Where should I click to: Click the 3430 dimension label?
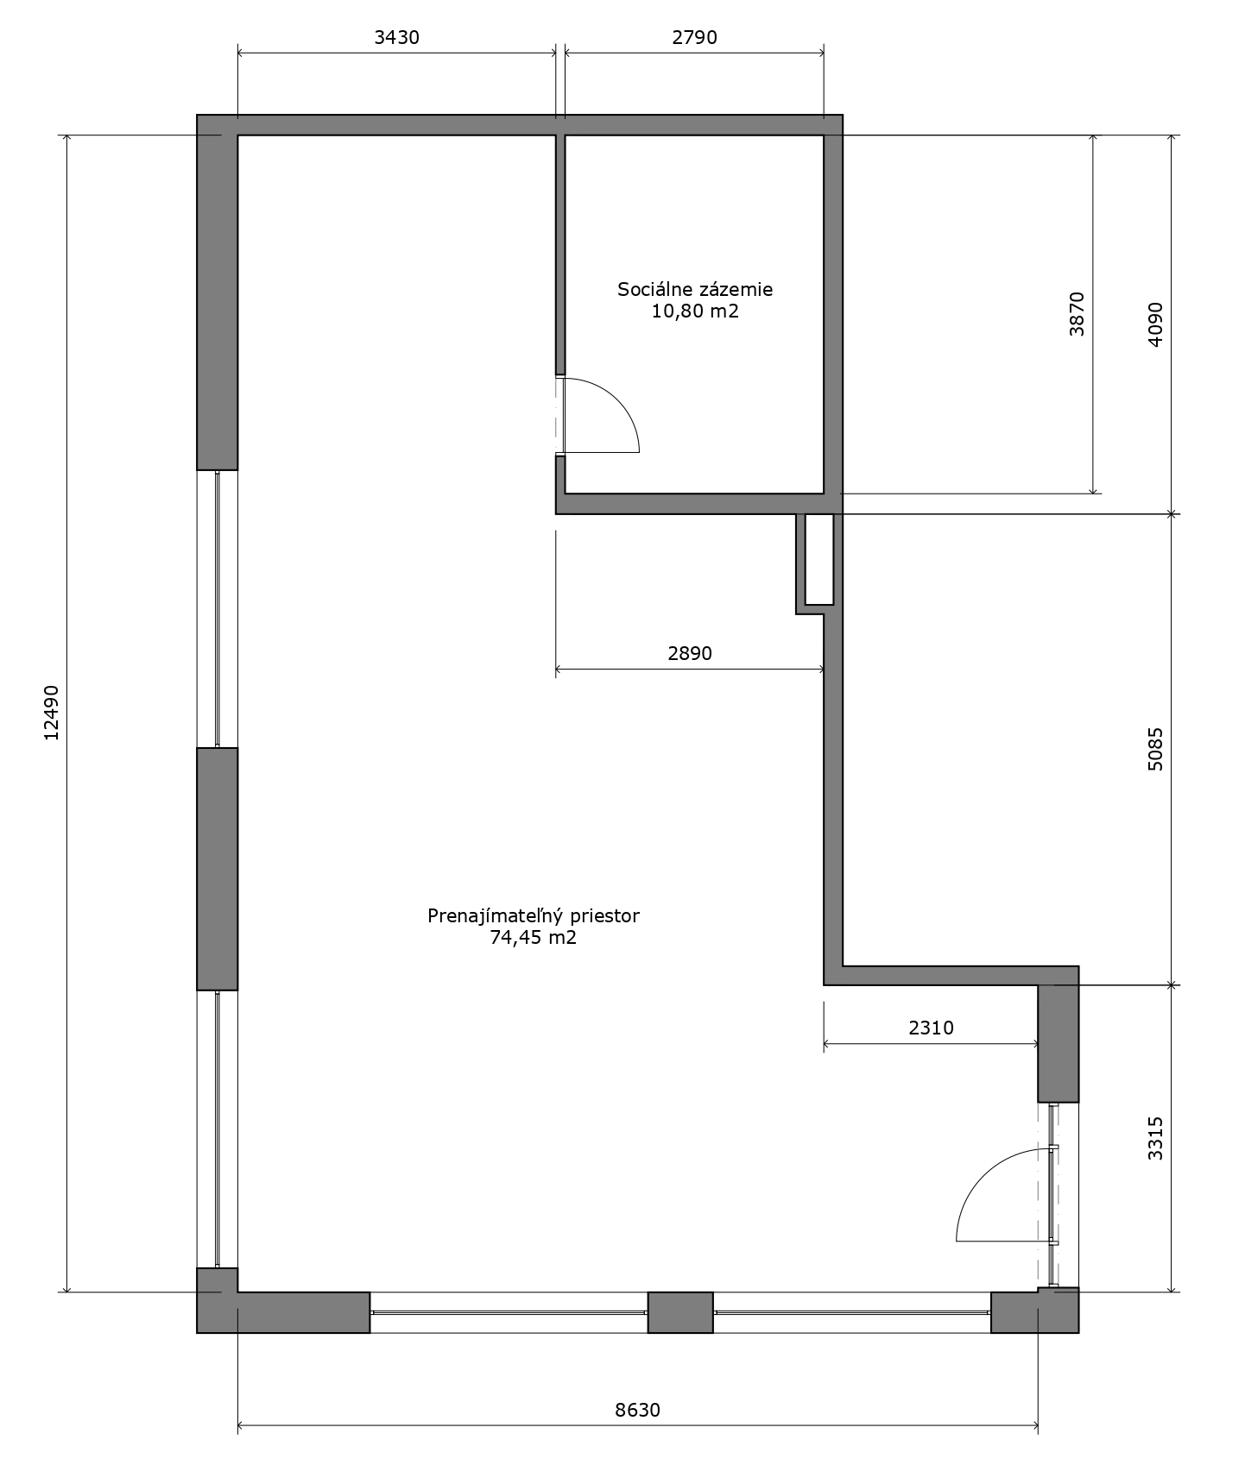pyautogui.click(x=396, y=37)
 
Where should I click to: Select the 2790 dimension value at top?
pyautogui.click(x=694, y=37)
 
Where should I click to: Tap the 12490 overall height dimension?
pyautogui.click(x=51, y=713)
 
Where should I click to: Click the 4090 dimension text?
pyautogui.click(x=1155, y=324)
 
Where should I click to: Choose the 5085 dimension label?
pyautogui.click(x=1155, y=749)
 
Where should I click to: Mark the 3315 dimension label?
pyautogui.click(x=1155, y=1138)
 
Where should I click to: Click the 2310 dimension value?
pyautogui.click(x=931, y=1028)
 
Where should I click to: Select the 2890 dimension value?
pyautogui.click(x=689, y=653)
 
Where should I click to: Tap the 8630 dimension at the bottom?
pyautogui.click(x=637, y=1410)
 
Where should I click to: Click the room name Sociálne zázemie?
pyautogui.click(x=695, y=289)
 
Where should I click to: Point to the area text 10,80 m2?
pyautogui.click(x=695, y=311)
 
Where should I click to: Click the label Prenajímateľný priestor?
pyautogui.click(x=534, y=915)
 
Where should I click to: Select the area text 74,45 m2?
pyautogui.click(x=534, y=938)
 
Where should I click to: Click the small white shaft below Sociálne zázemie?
pyautogui.click(x=819, y=559)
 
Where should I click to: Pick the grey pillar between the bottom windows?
pyautogui.click(x=680, y=1312)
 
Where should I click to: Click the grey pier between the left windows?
pyautogui.click(x=218, y=869)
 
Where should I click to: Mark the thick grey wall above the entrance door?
pyautogui.click(x=1059, y=1042)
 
